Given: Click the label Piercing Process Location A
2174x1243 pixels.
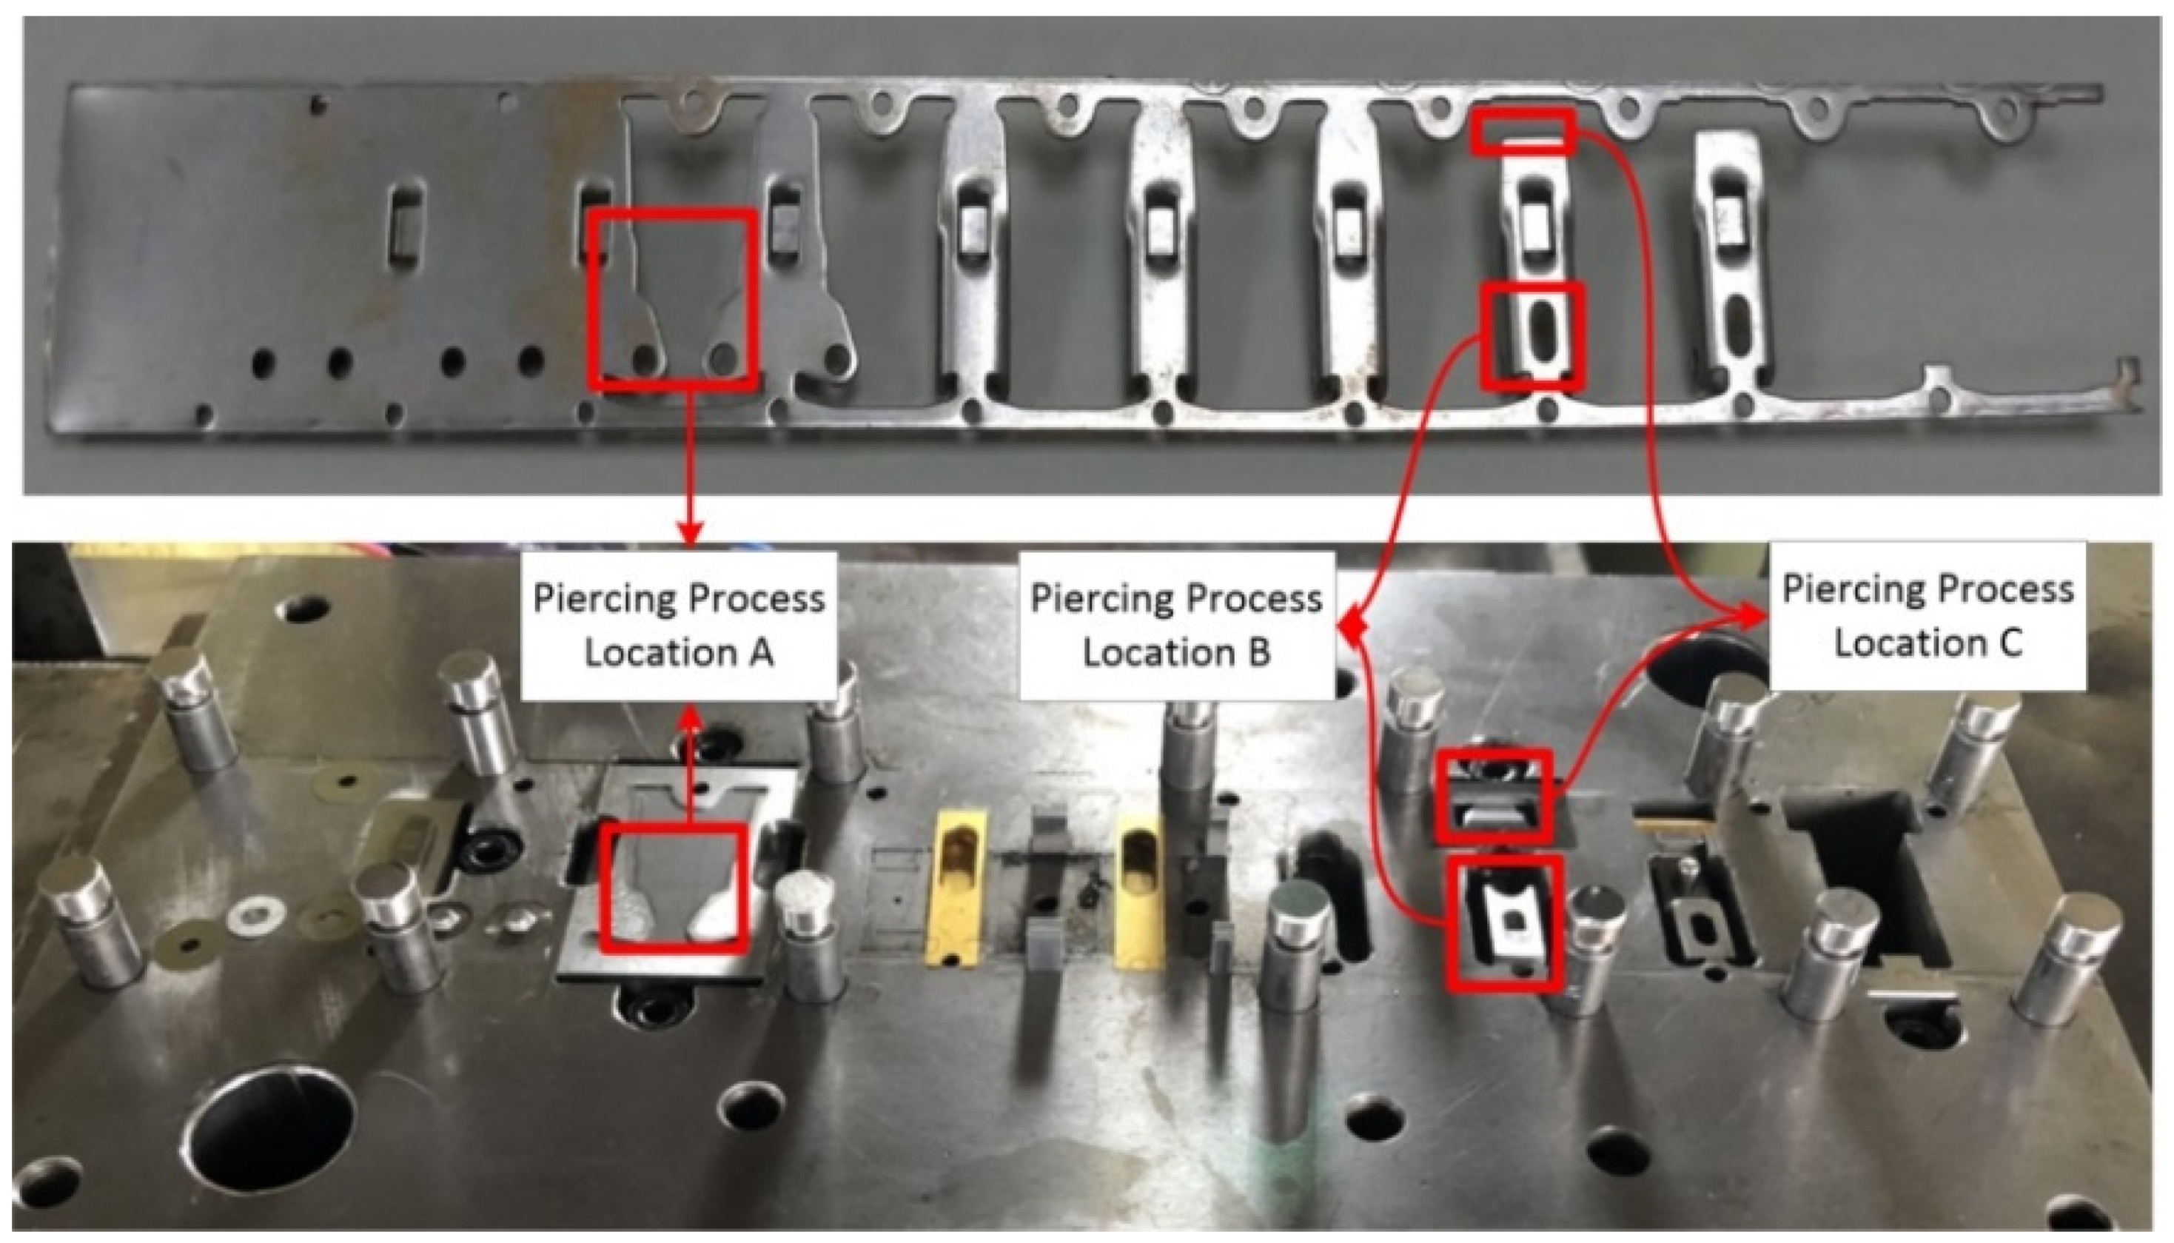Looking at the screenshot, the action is click(x=679, y=626).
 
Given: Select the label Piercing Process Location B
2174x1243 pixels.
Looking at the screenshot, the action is click(x=1177, y=626).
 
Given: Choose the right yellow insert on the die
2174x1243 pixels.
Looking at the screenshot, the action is click(x=1141, y=888).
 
